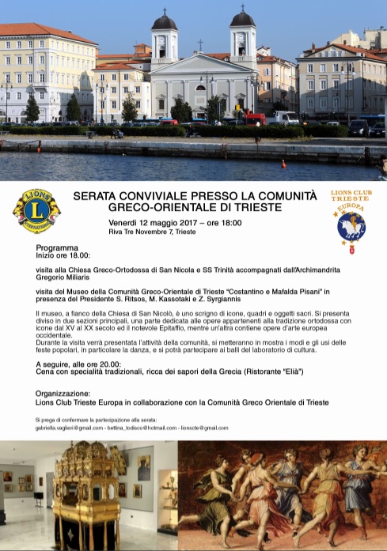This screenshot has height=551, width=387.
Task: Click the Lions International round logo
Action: click(x=36, y=212)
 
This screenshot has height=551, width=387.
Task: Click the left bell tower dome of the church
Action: click(x=165, y=21)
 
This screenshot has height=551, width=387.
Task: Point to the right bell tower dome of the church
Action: click(x=242, y=19)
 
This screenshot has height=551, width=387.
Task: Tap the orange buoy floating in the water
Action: click(x=284, y=164)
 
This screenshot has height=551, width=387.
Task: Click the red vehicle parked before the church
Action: click(x=254, y=119)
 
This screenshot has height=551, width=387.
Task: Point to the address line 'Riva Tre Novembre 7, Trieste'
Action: click(x=152, y=232)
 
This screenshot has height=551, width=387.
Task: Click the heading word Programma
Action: click(x=57, y=248)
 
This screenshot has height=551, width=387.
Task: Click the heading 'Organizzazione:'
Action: click(x=63, y=393)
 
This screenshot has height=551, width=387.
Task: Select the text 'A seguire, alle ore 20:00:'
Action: click(x=84, y=363)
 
